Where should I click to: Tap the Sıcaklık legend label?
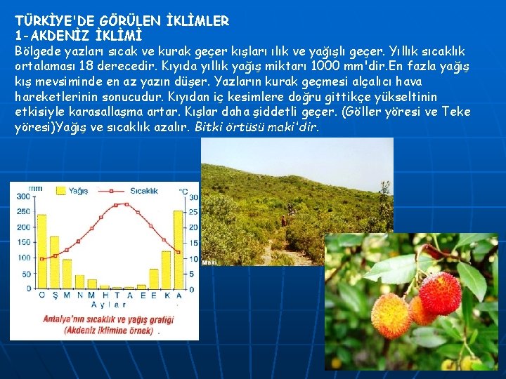click(143, 190)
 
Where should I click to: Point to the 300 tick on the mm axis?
click(24, 197)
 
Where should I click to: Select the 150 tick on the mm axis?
click(24, 243)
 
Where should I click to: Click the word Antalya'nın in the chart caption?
click(68, 317)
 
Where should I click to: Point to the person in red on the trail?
click(283, 221)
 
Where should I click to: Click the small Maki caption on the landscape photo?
click(208, 261)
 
